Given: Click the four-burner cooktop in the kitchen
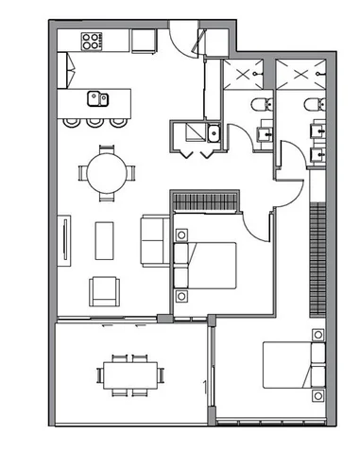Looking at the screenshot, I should click(x=93, y=41).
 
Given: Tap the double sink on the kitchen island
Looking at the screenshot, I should click(x=98, y=96).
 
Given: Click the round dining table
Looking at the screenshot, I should click(x=106, y=173).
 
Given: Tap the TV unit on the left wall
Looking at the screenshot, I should click(x=65, y=242).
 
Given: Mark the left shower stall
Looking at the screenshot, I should click(x=249, y=74).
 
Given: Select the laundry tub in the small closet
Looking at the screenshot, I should click(x=215, y=133).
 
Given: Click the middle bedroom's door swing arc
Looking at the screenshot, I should click(x=256, y=223).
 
